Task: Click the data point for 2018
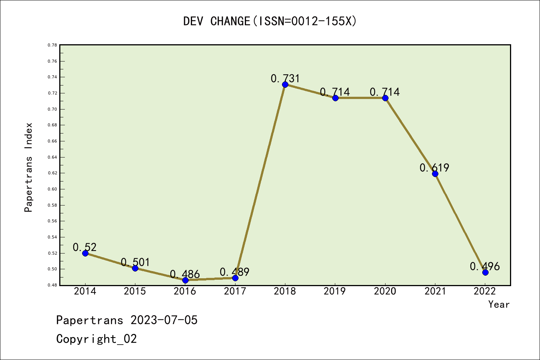pyautogui.click(x=285, y=84)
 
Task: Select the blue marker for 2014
pyautogui.click(x=85, y=253)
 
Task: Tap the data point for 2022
pyautogui.click(x=485, y=272)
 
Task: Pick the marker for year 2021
pyautogui.click(x=435, y=174)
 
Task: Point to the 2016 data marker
pyautogui.click(x=185, y=280)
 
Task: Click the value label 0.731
pyautogui.click(x=285, y=78)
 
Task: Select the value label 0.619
pyautogui.click(x=434, y=168)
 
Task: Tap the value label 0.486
pyautogui.click(x=185, y=274)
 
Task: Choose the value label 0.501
pyautogui.click(x=135, y=262)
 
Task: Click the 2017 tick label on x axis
pyautogui.click(x=235, y=291)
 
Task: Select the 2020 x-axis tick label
pyautogui.click(x=385, y=291)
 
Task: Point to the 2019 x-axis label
pyautogui.click(x=335, y=291)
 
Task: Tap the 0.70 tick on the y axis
pyautogui.click(x=52, y=109)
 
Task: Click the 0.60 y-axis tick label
pyautogui.click(x=52, y=189)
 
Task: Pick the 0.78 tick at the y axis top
pyautogui.click(x=52, y=45)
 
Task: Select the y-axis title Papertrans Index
pyautogui.click(x=28, y=167)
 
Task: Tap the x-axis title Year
pyautogui.click(x=499, y=304)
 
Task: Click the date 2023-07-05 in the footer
pyautogui.click(x=164, y=320)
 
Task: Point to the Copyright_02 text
pyautogui.click(x=96, y=339)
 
